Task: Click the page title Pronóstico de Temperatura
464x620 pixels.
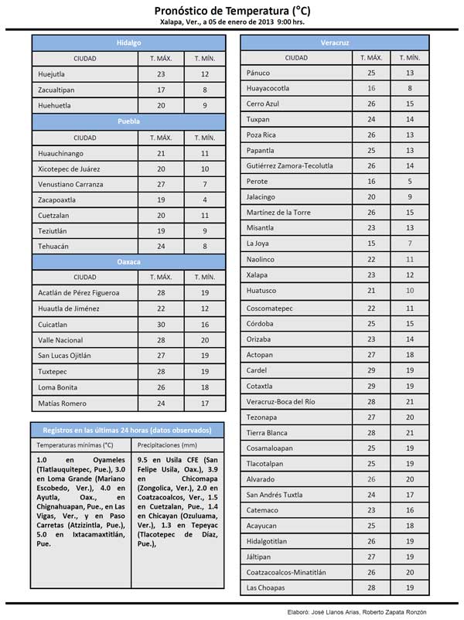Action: (232, 10)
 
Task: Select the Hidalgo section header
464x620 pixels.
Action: (128, 43)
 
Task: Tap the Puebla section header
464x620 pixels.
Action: (128, 121)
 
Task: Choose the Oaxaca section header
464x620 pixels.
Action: (128, 262)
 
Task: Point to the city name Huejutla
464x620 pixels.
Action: (52, 74)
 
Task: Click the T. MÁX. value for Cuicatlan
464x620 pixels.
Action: (161, 325)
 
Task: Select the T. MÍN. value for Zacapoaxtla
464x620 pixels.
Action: (205, 199)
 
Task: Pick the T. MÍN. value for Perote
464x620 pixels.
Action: (410, 181)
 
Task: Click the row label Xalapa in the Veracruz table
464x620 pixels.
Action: (258, 275)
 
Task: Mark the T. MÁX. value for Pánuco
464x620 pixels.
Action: (371, 72)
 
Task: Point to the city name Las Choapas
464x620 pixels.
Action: (264, 588)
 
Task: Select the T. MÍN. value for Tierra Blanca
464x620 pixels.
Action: (410, 432)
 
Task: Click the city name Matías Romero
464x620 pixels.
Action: (62, 404)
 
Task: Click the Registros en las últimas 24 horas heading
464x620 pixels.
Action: (128, 429)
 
